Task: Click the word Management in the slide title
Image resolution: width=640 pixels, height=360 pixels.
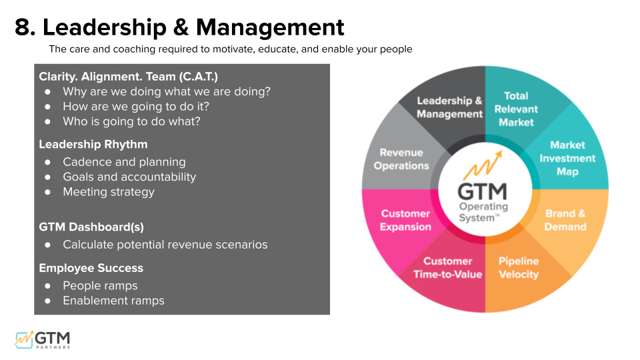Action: (x=270, y=28)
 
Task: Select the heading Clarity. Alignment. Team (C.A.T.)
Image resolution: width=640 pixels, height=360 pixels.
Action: (x=128, y=77)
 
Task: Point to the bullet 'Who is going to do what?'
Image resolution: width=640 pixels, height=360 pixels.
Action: (x=131, y=121)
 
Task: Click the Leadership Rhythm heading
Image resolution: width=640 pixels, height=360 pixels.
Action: (x=93, y=144)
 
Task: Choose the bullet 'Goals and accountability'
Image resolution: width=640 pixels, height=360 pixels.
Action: (x=129, y=177)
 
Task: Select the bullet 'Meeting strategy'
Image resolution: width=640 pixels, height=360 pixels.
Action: (x=108, y=192)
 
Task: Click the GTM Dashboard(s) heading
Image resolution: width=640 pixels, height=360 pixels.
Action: (x=91, y=227)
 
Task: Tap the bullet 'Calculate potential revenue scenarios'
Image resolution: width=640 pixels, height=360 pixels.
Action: (x=165, y=245)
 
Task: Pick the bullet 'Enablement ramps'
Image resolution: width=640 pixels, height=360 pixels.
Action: (x=113, y=301)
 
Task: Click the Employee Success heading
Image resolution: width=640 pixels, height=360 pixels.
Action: (x=91, y=268)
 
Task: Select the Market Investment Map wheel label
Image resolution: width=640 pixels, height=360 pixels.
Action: (x=567, y=158)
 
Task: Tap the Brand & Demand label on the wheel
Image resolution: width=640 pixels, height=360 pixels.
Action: (x=565, y=220)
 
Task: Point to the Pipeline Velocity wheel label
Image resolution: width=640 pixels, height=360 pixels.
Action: (x=519, y=267)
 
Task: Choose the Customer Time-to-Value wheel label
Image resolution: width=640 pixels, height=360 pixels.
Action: (x=447, y=267)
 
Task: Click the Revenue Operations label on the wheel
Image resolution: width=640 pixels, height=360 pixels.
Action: (x=401, y=159)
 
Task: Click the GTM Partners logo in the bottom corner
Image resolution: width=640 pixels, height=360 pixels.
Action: (x=43, y=339)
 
